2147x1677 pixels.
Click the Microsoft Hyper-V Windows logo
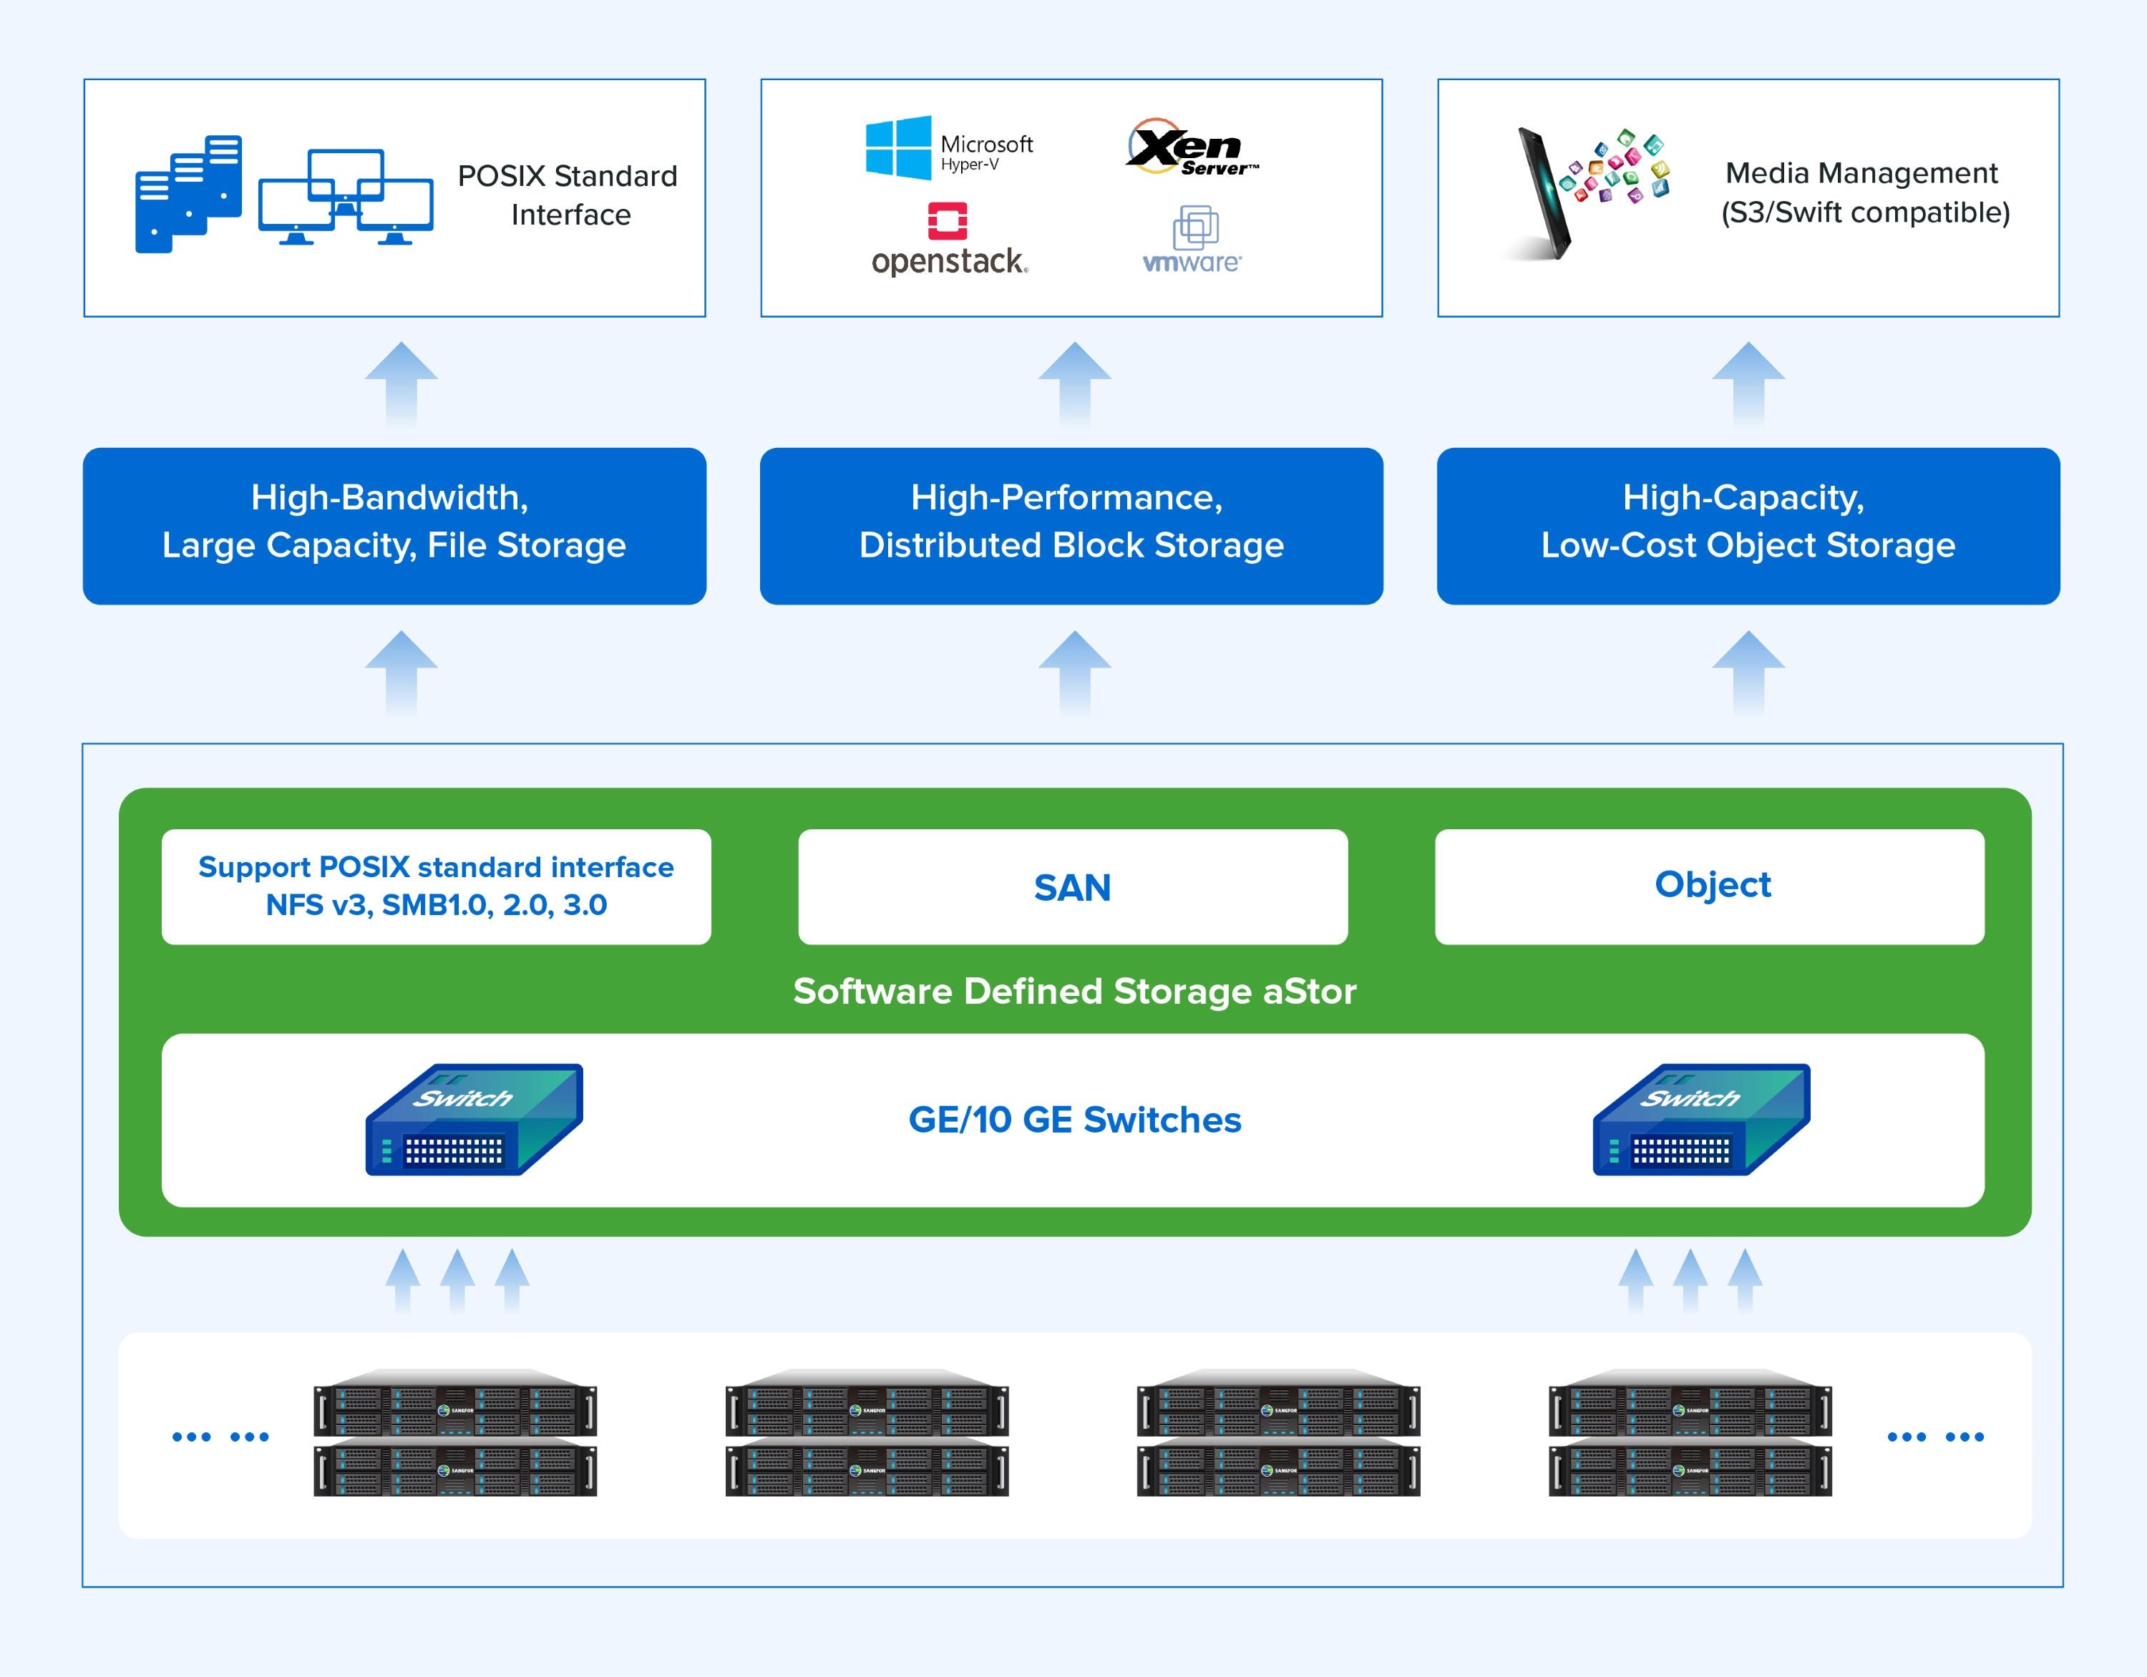[898, 148]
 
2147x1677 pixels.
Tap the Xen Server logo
[1189, 148]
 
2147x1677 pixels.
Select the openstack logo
[949, 239]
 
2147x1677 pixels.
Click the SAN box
[1073, 886]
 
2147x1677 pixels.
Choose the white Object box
[1710, 886]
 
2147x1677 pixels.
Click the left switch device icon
[474, 1120]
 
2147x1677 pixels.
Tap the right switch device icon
[1702, 1120]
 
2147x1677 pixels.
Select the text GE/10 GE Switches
[1074, 1120]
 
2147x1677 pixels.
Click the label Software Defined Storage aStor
[1074, 991]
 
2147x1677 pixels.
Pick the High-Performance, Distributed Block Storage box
[1071, 526]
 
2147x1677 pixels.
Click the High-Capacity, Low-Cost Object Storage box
[1748, 526]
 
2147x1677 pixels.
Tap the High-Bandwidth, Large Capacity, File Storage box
[394, 526]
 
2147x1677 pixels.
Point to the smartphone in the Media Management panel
[1544, 194]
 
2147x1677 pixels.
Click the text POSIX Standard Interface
[569, 195]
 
